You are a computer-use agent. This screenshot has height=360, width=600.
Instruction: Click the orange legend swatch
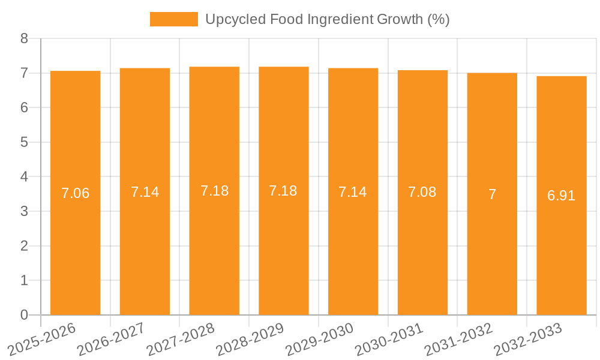173,19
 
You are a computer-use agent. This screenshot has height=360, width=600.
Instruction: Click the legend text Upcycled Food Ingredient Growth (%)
327,19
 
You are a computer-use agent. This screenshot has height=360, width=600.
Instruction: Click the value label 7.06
76,193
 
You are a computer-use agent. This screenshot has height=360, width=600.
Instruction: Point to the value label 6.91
562,196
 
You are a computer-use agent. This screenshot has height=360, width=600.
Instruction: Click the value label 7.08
422,192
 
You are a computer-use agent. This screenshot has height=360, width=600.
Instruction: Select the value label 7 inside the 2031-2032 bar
492,194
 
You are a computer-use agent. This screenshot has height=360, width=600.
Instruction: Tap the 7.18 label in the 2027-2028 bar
214,191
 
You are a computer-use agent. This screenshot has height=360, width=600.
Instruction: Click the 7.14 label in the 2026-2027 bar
145,192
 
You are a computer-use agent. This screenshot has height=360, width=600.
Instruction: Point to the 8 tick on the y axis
24,38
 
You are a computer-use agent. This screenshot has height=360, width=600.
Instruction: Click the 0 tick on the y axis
24,315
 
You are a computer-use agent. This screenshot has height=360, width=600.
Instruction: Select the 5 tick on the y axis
24,142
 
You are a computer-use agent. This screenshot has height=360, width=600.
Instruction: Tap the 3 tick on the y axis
24,211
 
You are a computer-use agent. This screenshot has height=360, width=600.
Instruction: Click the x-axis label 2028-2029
250,339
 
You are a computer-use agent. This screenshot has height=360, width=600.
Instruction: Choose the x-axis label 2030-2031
389,339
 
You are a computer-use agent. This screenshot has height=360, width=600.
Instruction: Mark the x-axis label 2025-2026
41,339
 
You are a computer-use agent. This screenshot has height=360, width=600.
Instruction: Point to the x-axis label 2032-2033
527,339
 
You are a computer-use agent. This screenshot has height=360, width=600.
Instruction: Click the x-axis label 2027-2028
181,339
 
